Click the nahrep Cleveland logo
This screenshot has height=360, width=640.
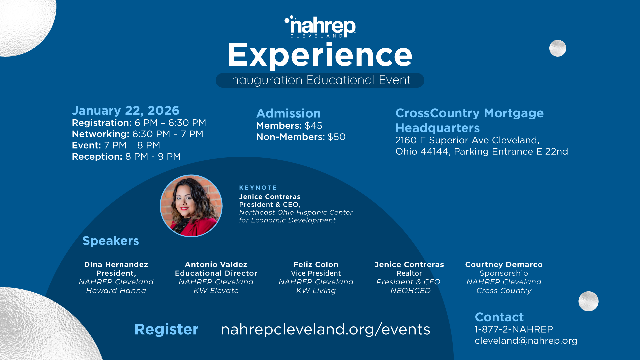point(320,27)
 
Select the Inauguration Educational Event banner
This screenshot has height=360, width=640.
point(320,80)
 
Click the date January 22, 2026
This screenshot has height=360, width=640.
point(126,110)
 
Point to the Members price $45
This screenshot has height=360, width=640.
point(313,126)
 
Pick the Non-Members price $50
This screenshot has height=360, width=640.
point(336,137)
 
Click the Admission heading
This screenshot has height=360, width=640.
point(288,113)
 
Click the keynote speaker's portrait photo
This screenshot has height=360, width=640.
point(191,206)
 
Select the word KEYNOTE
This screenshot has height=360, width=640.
point(258,188)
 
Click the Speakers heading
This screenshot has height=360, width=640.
point(111,241)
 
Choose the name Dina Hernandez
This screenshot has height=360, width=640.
point(116,265)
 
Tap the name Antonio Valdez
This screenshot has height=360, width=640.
point(216,265)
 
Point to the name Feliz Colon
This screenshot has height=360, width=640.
point(316,265)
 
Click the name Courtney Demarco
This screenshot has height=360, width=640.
point(504,265)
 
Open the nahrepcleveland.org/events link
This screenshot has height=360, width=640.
point(325,329)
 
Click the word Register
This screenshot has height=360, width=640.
point(166,329)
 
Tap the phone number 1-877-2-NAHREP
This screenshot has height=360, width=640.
point(514,329)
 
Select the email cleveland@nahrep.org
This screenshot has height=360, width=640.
point(526,341)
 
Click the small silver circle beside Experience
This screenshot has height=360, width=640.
point(558,48)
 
